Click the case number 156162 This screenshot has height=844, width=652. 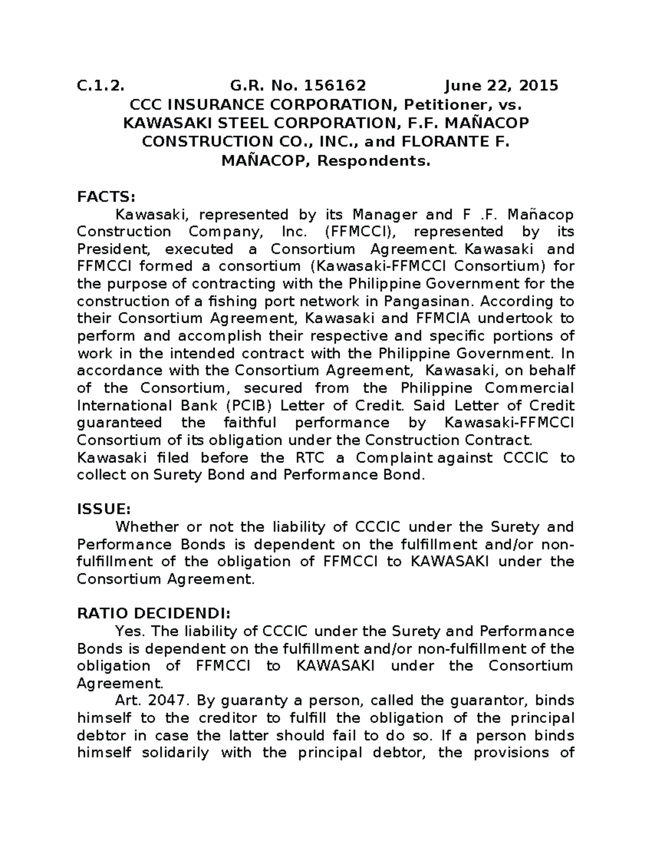335,85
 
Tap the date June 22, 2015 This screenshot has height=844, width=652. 501,85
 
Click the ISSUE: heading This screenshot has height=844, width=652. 104,509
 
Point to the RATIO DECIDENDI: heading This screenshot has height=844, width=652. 154,614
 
